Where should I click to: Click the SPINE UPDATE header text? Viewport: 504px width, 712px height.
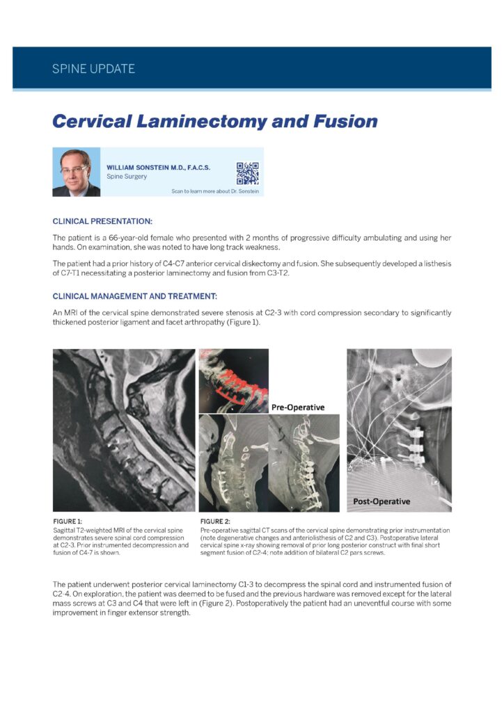[93, 69]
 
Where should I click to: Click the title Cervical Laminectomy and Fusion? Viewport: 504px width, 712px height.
[215, 121]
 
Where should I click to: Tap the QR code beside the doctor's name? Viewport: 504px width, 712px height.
[247, 172]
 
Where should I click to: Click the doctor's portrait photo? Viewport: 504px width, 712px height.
[76, 172]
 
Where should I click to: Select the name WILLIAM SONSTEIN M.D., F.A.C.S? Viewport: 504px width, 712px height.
[158, 168]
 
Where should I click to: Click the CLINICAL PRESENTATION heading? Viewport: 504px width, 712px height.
[102, 221]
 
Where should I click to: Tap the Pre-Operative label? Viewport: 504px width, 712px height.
[298, 407]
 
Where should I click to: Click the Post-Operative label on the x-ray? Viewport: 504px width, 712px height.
[381, 501]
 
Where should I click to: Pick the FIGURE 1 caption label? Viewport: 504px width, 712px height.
[68, 521]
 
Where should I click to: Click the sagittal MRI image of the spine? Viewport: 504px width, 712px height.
[124, 430]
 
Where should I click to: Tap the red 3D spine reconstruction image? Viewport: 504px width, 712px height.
[233, 380]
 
